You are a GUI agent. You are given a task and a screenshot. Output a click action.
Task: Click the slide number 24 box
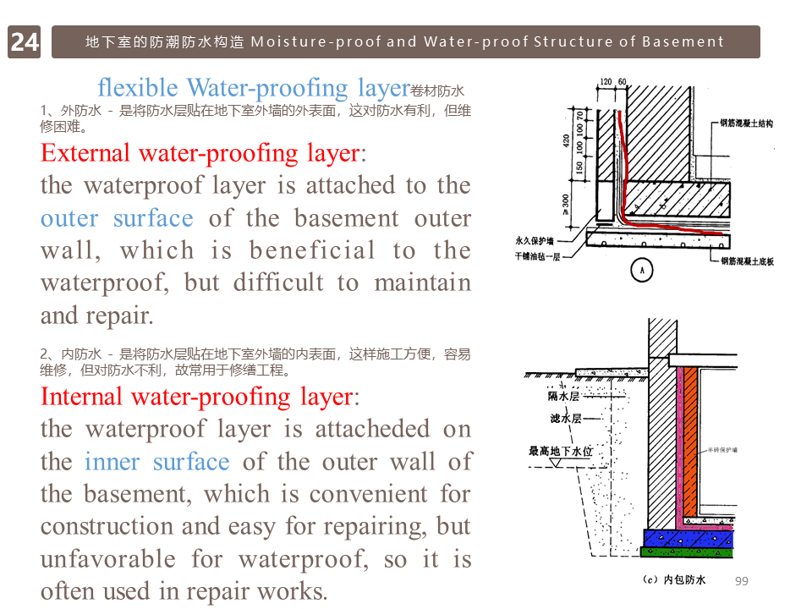(x=25, y=41)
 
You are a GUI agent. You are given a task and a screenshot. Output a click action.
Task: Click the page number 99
(x=743, y=580)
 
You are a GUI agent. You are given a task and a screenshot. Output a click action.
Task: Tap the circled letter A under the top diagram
(x=643, y=270)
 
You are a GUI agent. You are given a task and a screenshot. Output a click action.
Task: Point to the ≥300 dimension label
(x=566, y=203)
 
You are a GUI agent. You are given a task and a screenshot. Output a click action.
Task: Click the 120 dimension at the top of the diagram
(x=606, y=82)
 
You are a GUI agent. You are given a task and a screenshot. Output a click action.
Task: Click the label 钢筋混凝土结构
(x=746, y=123)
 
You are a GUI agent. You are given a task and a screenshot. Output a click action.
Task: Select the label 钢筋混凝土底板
(x=746, y=261)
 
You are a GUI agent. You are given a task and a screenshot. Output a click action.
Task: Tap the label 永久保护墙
(x=539, y=240)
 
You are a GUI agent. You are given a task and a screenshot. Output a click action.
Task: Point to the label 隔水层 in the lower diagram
(x=563, y=396)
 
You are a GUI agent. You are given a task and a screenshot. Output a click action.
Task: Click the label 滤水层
(x=565, y=418)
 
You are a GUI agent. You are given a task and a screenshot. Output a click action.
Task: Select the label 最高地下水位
(x=561, y=451)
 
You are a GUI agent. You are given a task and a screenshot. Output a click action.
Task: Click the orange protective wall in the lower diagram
(x=690, y=440)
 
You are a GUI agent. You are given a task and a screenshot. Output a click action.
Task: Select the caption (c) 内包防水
(x=674, y=580)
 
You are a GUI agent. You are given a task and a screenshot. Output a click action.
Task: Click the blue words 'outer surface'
(x=117, y=218)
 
